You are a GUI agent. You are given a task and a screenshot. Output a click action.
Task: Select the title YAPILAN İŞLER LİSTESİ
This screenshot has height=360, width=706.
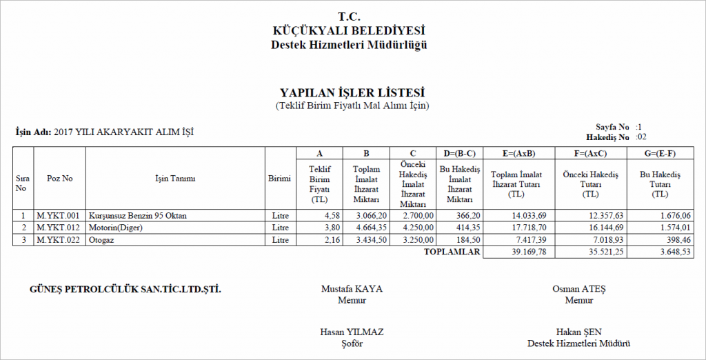352,93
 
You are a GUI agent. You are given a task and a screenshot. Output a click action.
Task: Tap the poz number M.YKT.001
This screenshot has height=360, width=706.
59,216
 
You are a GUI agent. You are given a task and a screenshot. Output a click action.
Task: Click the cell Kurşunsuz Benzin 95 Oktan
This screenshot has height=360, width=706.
137,216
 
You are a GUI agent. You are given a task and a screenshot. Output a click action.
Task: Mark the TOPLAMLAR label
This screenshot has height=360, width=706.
452,252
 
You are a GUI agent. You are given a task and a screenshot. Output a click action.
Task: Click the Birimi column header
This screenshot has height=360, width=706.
279,179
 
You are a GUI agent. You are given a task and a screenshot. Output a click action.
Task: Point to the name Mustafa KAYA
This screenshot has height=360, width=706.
352,289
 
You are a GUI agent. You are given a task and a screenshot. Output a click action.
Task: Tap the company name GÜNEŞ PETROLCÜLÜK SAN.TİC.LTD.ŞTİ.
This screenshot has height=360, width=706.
125,289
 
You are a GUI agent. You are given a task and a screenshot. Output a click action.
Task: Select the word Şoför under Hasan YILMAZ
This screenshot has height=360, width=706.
352,343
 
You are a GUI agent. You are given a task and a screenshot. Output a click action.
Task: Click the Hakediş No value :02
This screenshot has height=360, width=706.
641,137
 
